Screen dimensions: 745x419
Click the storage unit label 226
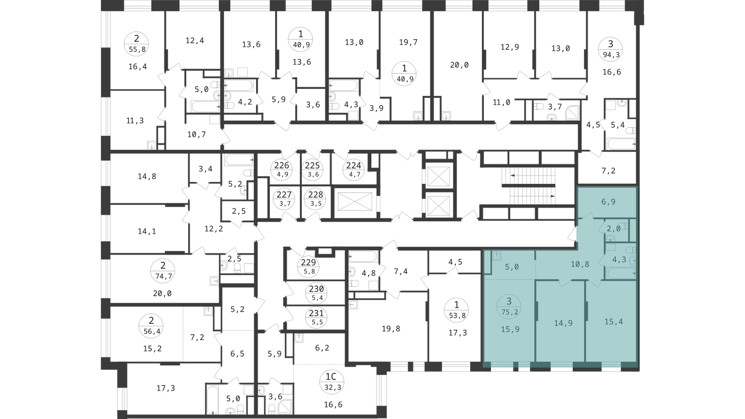click(282, 169)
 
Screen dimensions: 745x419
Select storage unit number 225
click(312, 169)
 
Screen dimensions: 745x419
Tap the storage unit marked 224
click(354, 169)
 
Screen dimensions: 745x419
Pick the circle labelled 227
click(284, 198)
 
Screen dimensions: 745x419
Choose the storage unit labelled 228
click(316, 198)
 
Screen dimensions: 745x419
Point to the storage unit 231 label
click(316, 317)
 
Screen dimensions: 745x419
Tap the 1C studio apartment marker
click(331, 381)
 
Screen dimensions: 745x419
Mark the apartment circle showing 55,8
click(136, 44)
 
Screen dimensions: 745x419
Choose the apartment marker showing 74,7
click(163, 270)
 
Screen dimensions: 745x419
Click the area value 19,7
click(408, 42)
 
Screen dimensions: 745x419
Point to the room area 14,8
click(147, 176)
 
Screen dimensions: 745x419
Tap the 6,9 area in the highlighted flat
click(608, 202)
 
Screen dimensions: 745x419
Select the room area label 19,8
click(391, 329)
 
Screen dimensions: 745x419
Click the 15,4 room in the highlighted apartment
click(614, 322)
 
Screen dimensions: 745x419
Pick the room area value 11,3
click(135, 121)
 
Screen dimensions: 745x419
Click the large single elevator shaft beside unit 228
click(355, 201)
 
